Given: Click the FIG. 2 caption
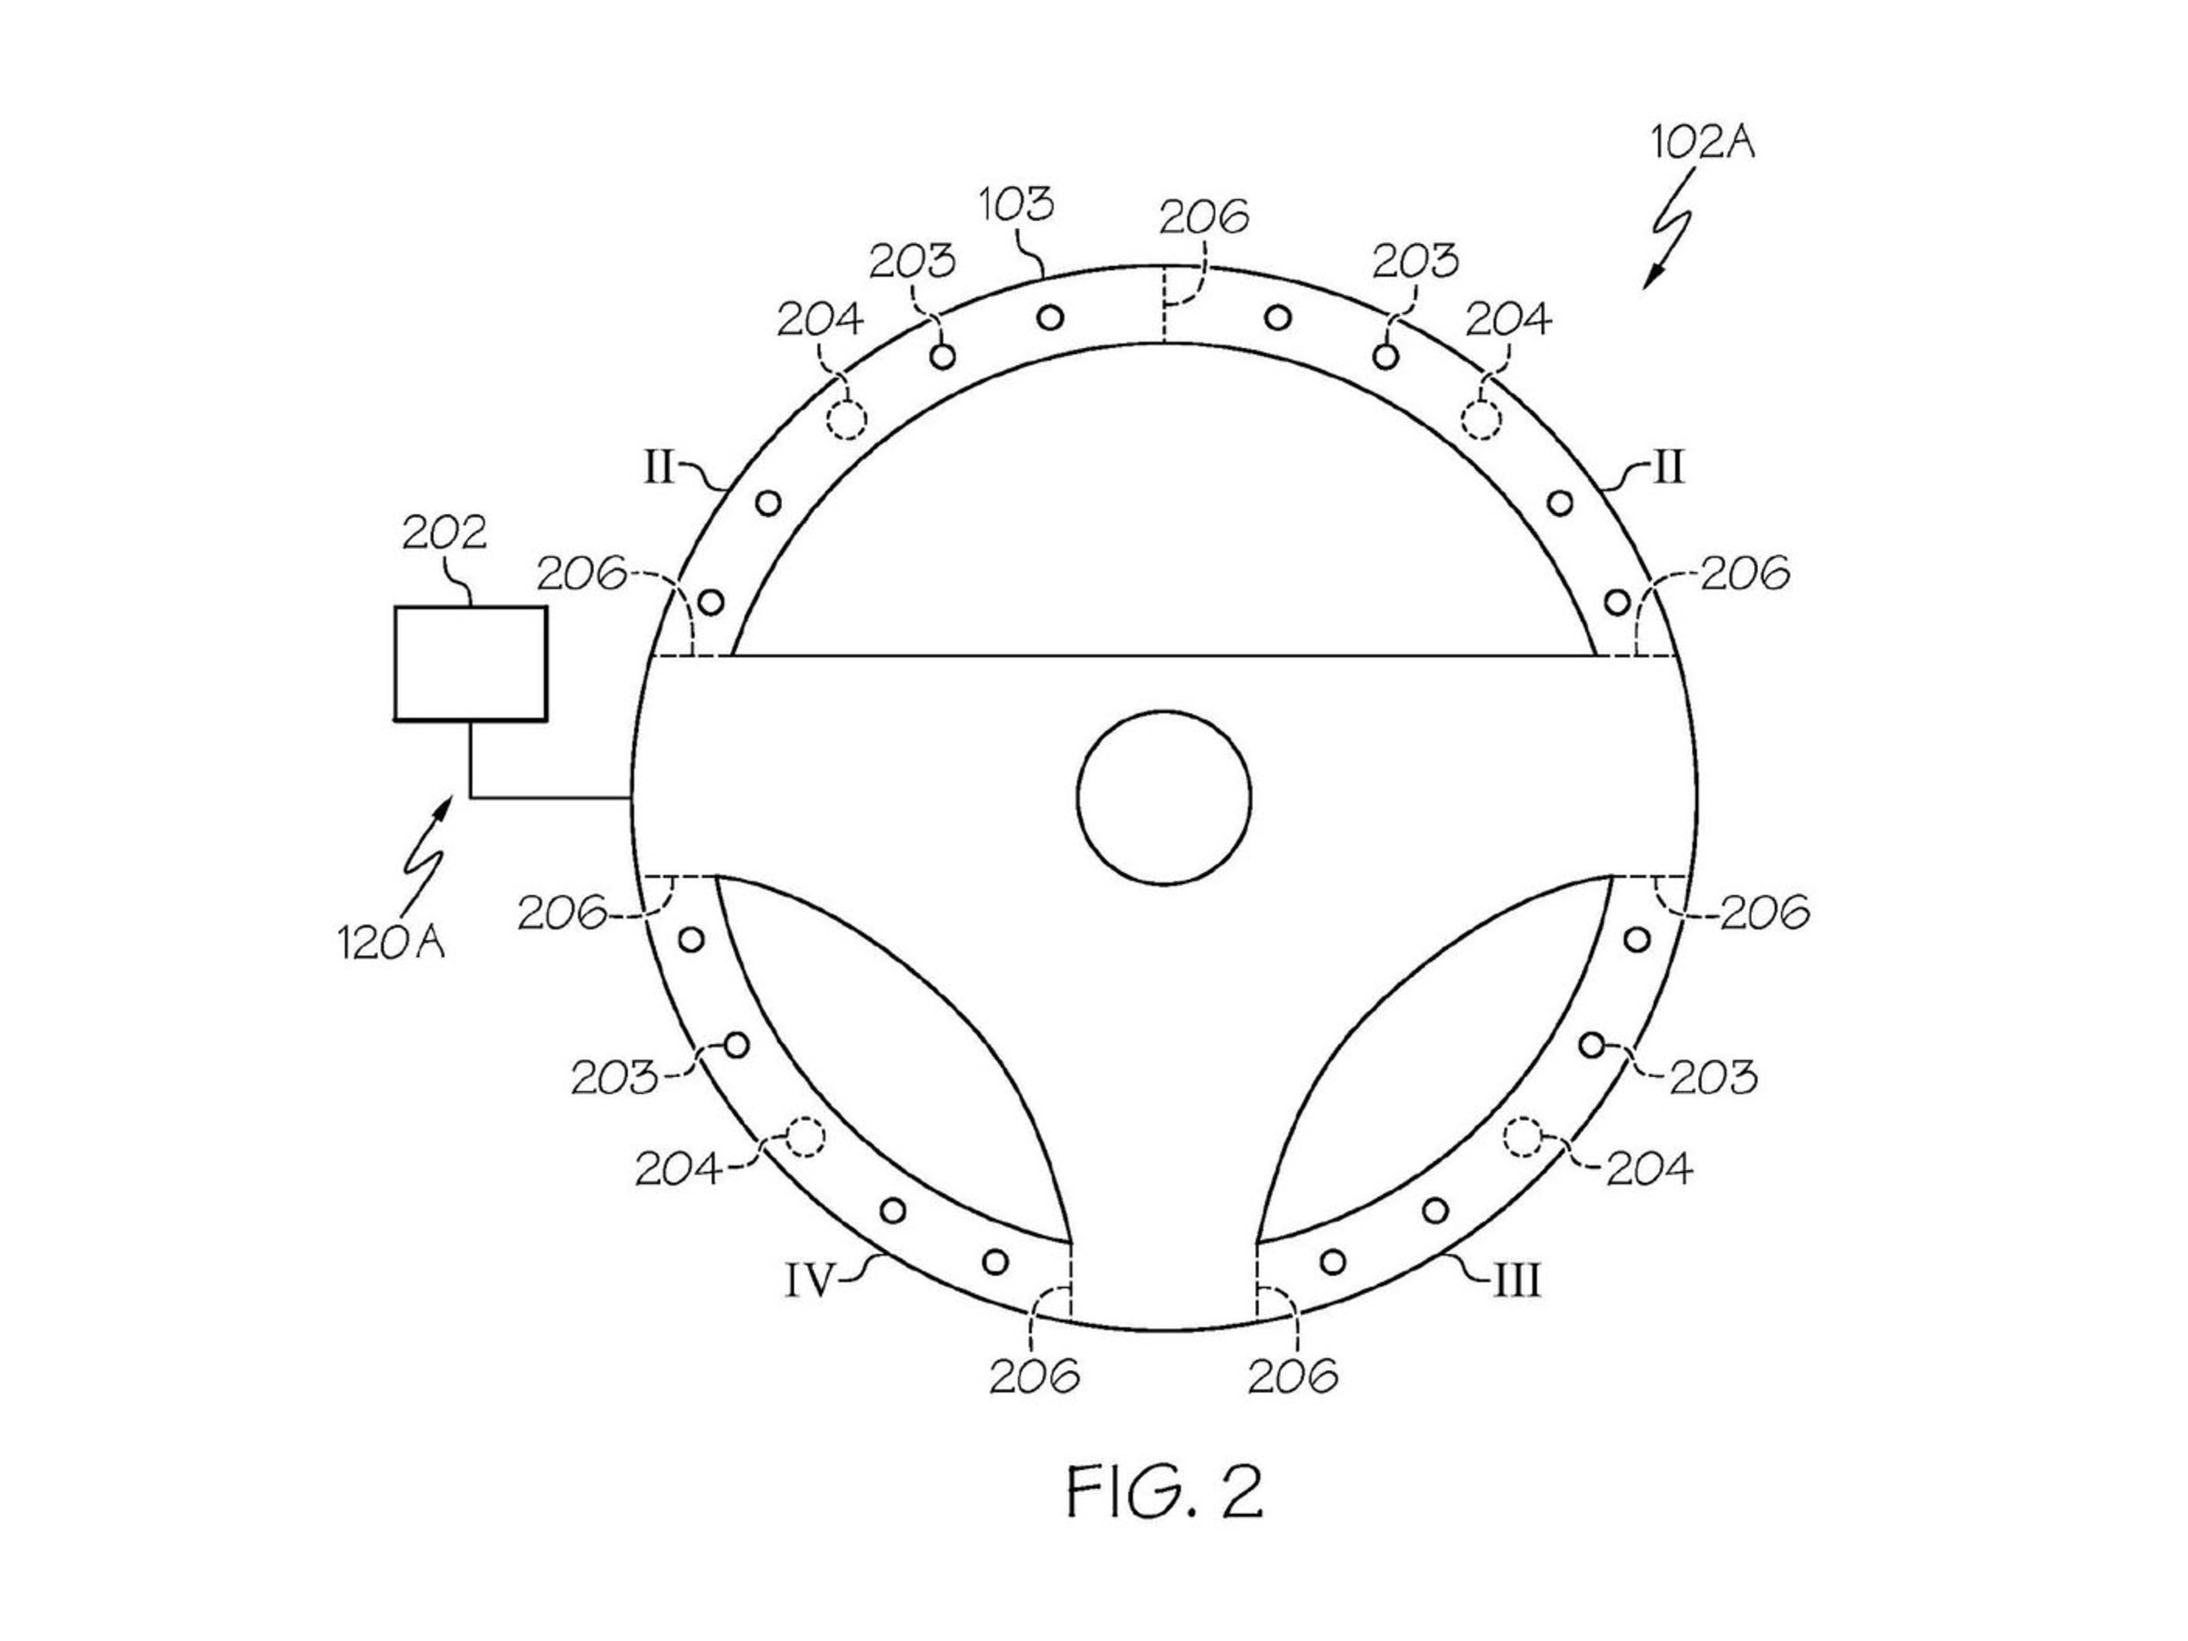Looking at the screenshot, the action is click(x=1164, y=1493).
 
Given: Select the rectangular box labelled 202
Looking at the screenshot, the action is click(x=470, y=663).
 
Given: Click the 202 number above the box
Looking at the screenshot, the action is click(x=444, y=533).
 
